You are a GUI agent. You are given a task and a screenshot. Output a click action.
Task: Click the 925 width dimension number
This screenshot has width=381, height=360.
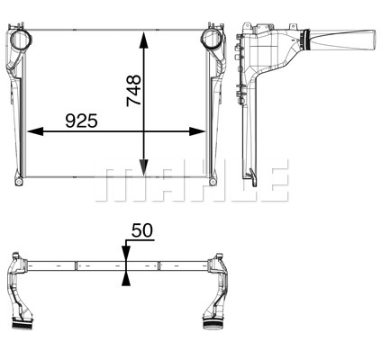point(82,121)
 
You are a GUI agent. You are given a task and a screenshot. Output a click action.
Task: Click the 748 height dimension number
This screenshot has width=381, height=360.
point(134,91)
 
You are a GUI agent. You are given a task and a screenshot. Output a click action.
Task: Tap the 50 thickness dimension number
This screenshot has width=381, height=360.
point(142,230)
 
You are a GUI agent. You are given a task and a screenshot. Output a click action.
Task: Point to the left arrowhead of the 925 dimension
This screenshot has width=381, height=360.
point(35,131)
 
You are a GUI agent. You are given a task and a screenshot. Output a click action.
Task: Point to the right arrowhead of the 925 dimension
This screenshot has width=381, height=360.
point(197,131)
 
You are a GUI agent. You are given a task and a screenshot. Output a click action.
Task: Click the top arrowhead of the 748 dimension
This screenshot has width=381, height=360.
point(144,40)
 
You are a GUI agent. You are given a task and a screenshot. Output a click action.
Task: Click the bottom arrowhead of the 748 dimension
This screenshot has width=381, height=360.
point(144,167)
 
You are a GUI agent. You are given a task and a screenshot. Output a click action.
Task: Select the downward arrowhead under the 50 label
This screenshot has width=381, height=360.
point(126,253)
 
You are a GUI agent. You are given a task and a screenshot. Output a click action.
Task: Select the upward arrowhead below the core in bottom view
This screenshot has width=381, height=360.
point(126,278)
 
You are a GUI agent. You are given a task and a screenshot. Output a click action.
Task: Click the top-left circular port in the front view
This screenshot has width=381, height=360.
point(21,40)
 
